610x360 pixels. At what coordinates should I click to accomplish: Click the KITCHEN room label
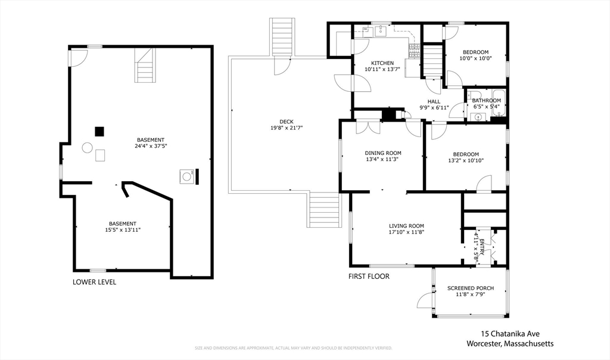click(382, 63)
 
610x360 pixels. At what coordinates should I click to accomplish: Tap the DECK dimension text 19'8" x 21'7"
click(287, 128)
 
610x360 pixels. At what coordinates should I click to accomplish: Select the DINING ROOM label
click(383, 153)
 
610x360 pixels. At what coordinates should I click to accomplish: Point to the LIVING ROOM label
click(406, 226)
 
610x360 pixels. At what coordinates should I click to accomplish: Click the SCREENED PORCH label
click(471, 288)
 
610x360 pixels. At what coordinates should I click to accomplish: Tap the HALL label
click(434, 101)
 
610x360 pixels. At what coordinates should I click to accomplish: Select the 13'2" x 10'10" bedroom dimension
click(465, 160)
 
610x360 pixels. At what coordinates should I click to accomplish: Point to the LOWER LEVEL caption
click(94, 282)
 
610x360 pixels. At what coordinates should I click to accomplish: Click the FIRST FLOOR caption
click(369, 277)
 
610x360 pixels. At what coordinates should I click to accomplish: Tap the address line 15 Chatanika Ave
click(510, 334)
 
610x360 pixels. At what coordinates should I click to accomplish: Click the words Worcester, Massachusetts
click(510, 344)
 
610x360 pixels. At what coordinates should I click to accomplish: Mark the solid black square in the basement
click(100, 131)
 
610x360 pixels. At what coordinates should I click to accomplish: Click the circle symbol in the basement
click(87, 147)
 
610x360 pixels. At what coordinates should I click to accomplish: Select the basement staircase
click(146, 66)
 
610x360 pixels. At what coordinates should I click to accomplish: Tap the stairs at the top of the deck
click(282, 38)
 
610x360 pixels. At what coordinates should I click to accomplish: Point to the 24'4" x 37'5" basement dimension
click(150, 146)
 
